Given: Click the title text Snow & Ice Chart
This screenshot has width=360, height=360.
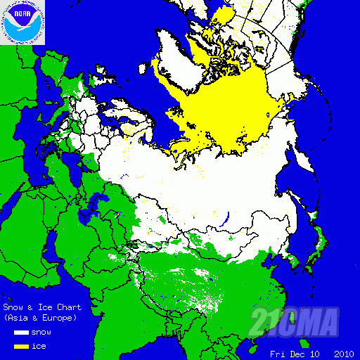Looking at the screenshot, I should coord(42,307).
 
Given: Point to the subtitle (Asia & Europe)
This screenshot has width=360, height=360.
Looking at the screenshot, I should coord(38,319).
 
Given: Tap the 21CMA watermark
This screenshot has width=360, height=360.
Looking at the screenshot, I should coord(295,322).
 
